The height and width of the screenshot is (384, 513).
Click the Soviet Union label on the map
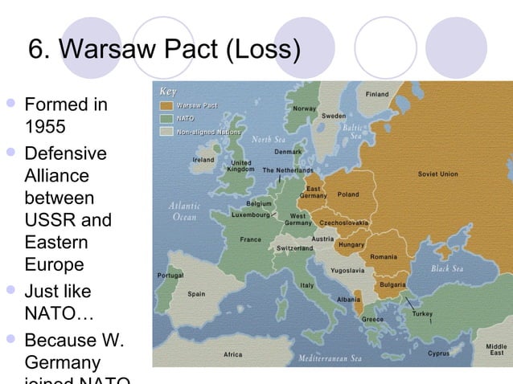pos(437,174)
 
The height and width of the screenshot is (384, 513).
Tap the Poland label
pos(348,194)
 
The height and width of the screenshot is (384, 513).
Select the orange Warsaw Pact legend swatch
pos(166,105)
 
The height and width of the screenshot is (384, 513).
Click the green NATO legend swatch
pos(166,118)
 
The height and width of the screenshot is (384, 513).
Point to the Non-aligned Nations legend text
pos(208,131)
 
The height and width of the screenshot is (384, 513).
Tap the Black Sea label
pos(452,268)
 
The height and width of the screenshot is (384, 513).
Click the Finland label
pos(377,94)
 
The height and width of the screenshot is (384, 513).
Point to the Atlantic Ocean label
pos(183,211)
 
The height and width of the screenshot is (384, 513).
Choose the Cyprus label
pos(439,353)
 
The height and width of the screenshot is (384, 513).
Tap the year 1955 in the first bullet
pos(46,128)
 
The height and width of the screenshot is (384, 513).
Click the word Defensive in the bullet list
pos(66,153)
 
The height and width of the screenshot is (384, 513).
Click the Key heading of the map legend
pos(168,91)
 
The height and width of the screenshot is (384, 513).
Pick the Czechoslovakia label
pos(343,223)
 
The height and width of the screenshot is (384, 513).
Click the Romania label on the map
pos(384,257)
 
